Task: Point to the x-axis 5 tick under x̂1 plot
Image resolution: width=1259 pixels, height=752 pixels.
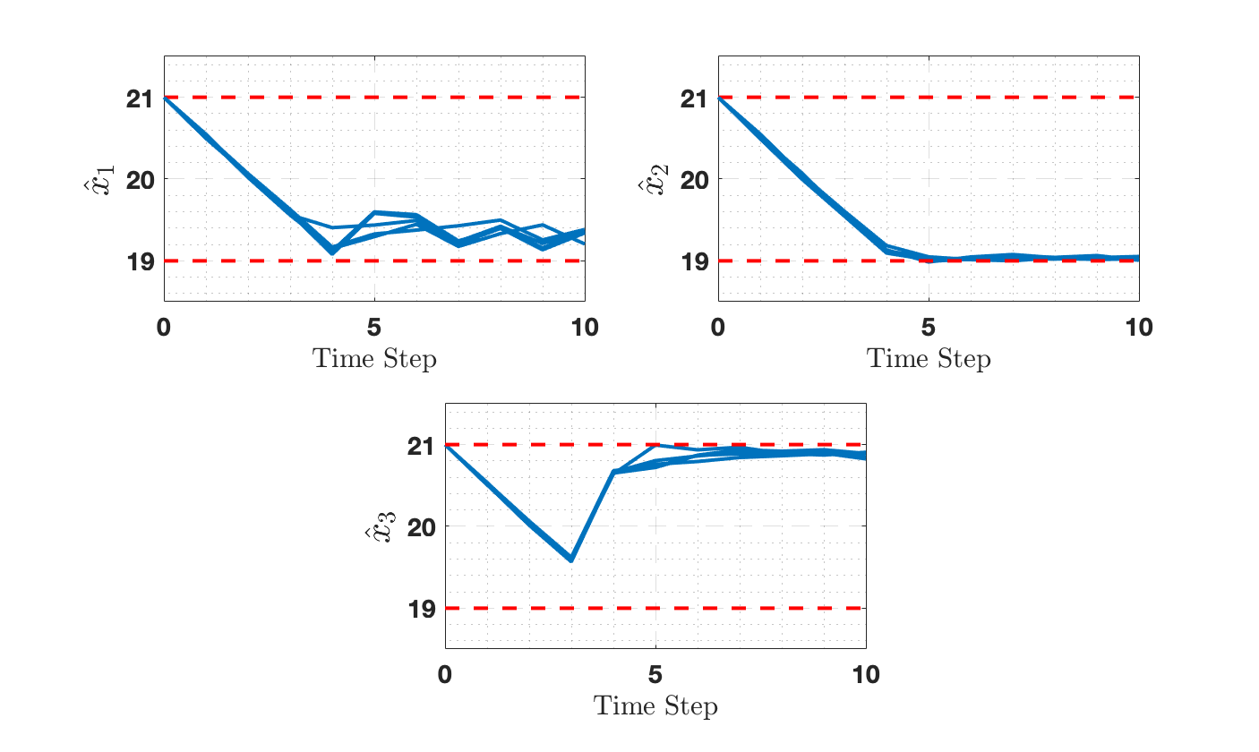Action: point(374,328)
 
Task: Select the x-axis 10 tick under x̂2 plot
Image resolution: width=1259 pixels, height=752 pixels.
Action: point(1139,328)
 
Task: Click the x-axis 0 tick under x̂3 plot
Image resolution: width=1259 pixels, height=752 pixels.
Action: point(445,675)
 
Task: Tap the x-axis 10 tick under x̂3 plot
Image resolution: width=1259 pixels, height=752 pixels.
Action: point(866,675)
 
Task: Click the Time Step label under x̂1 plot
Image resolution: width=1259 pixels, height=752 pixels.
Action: point(374,360)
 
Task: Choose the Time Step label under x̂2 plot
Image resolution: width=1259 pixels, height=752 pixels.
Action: point(929,360)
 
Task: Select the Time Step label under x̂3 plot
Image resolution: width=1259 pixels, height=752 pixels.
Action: point(655,707)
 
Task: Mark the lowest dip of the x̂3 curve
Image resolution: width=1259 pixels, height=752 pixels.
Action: point(571,560)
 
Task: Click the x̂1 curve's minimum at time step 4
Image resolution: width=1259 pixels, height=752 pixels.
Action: point(332,252)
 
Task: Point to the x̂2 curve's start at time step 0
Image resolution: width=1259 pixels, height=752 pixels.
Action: point(719,98)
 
